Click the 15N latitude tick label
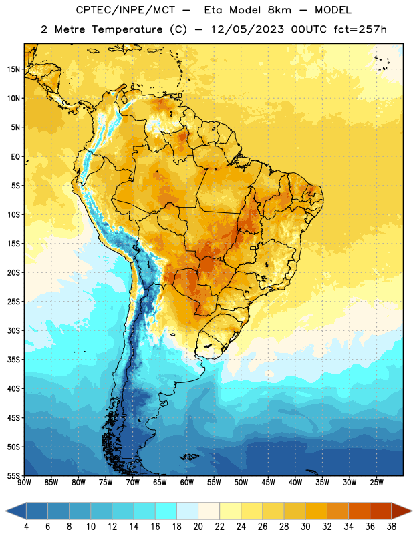click(x=13, y=69)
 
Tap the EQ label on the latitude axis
click(x=15, y=157)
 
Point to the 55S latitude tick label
click(x=13, y=475)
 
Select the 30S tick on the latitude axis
click(x=13, y=330)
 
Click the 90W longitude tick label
click(x=24, y=483)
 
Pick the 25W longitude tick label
click(x=376, y=483)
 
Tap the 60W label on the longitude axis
click(x=187, y=483)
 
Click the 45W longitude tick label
click(x=268, y=483)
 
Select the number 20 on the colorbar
click(x=198, y=527)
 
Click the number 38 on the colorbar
click(x=392, y=527)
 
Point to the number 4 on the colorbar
click(x=26, y=527)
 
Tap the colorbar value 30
click(x=305, y=527)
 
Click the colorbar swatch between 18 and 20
click(x=187, y=511)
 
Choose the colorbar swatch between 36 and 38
click(x=381, y=511)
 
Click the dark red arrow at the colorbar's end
click(x=402, y=511)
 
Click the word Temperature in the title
click(x=127, y=30)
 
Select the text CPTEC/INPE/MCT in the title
click(x=125, y=10)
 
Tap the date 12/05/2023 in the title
click(x=247, y=29)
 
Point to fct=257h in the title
click(x=360, y=29)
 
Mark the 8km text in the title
click(x=279, y=10)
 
